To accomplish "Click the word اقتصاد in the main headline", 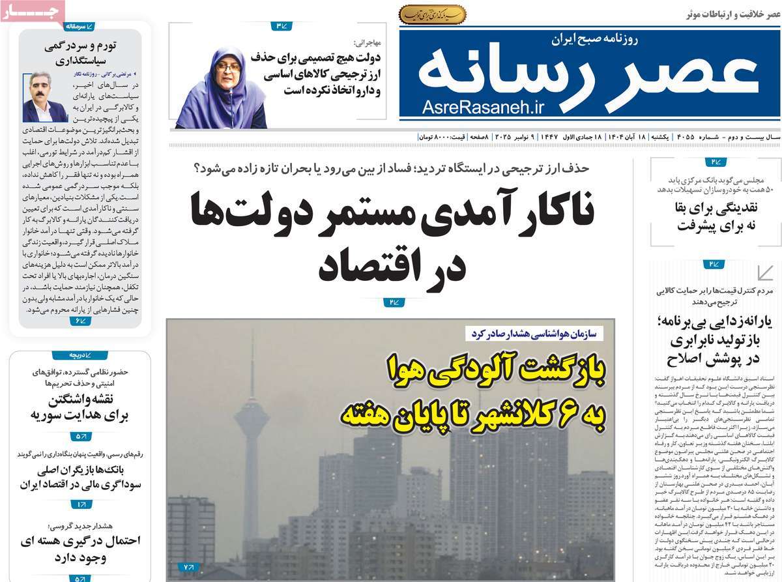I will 392,265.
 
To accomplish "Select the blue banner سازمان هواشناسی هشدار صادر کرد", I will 534,333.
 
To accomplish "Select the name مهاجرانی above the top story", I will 366,42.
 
